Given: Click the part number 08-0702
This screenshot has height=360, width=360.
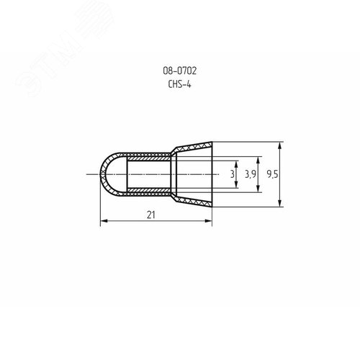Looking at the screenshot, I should (x=180, y=71).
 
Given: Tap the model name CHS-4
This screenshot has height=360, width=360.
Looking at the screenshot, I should (x=180, y=84).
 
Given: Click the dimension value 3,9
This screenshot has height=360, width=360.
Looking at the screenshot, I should (x=250, y=174).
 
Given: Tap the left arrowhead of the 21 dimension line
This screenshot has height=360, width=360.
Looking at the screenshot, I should (x=102, y=221).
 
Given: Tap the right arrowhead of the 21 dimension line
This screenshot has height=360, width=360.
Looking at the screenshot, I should (x=212, y=221).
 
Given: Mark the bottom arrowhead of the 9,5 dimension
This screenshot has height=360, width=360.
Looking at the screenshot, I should (x=278, y=206).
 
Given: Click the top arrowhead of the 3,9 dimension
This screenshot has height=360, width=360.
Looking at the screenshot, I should (x=257, y=157).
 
